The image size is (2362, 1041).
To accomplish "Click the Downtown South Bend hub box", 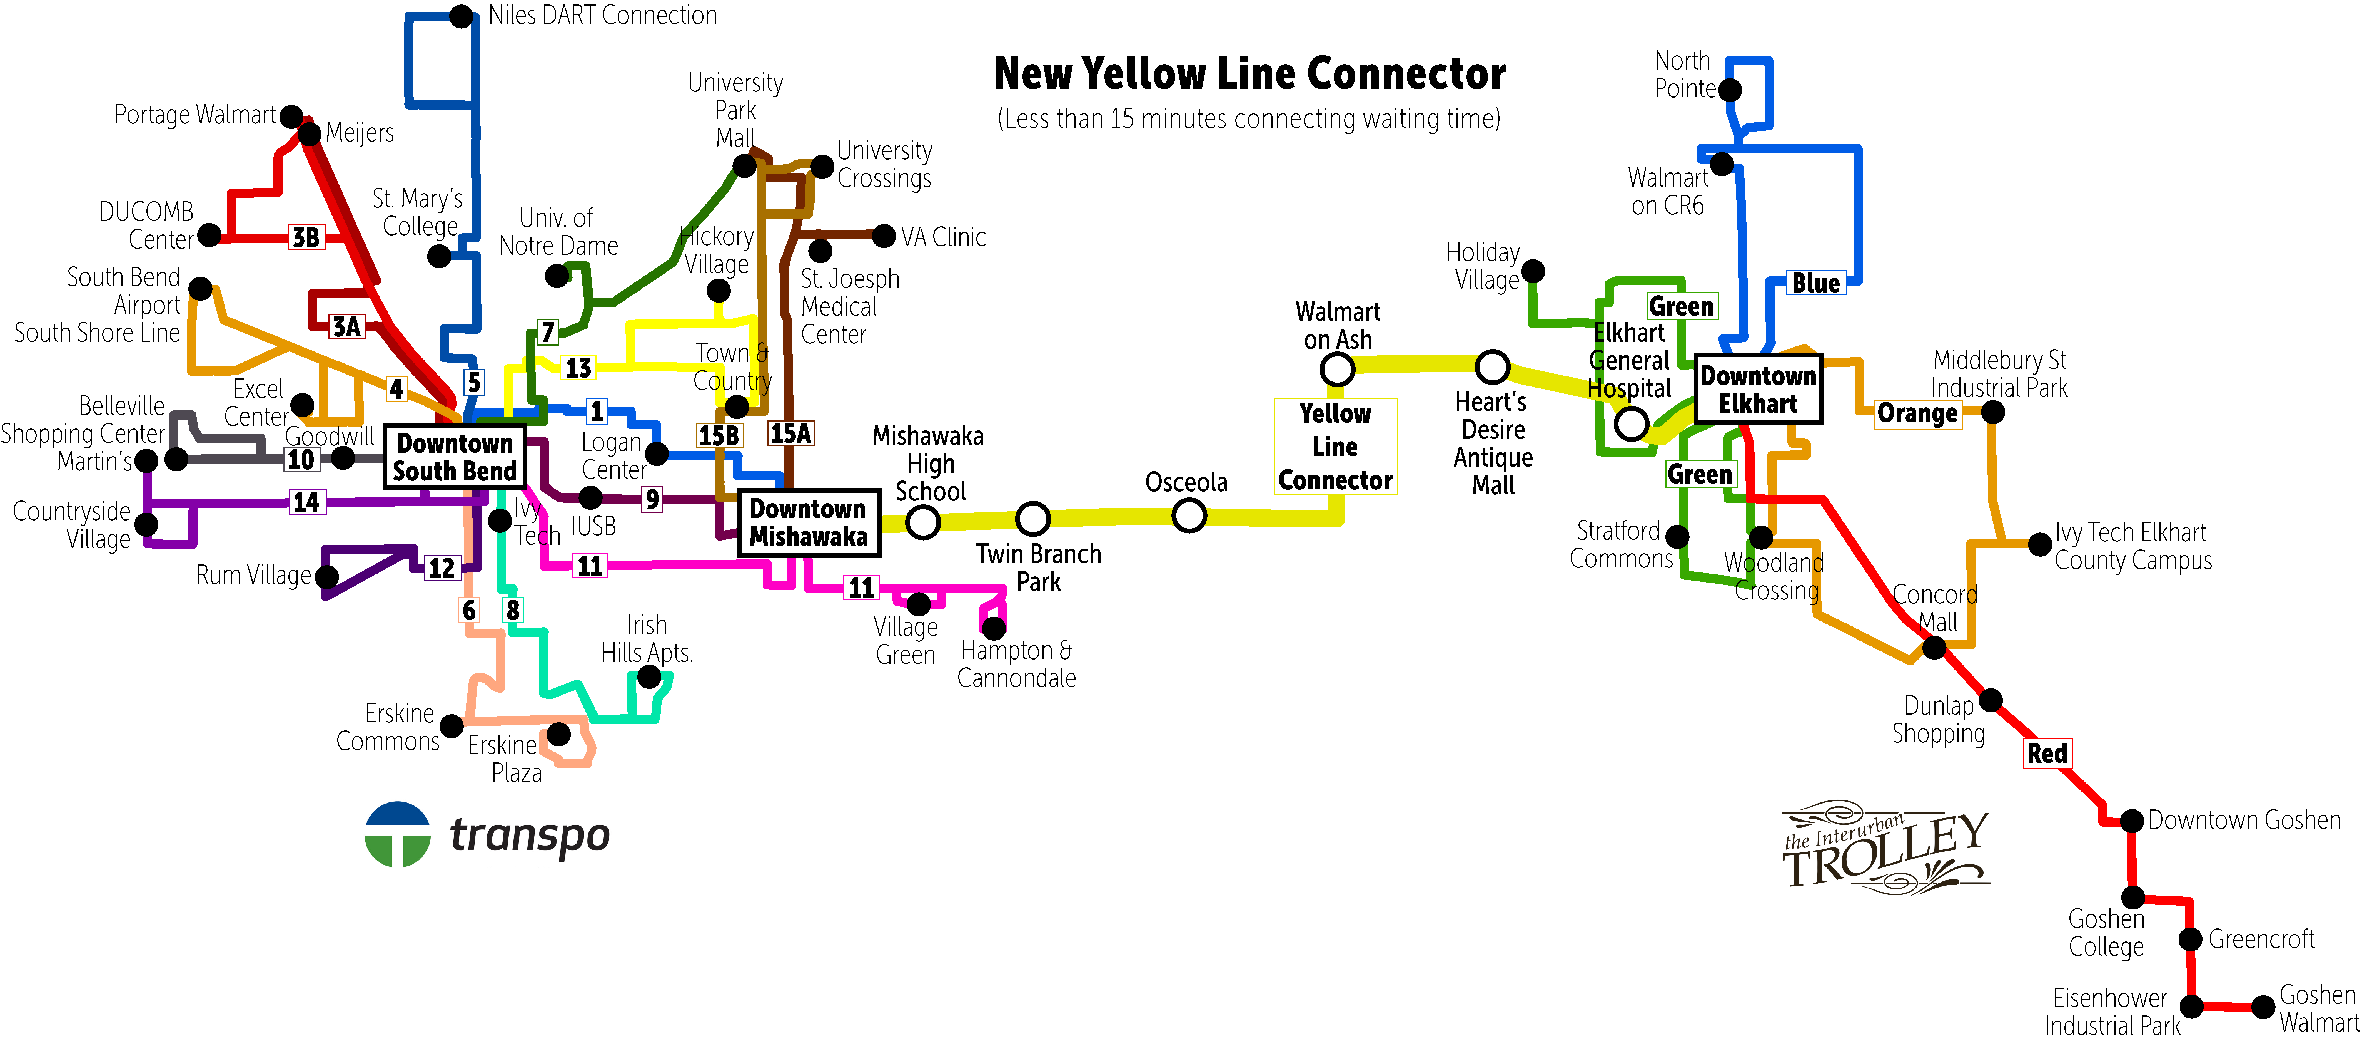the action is (455, 457).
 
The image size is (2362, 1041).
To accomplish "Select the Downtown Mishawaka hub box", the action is (809, 523).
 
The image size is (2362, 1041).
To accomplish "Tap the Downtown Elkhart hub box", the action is (1758, 389).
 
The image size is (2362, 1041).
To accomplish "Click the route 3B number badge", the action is (306, 237).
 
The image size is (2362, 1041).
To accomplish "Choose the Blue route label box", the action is (1815, 283).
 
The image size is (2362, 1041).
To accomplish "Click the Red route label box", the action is (2047, 753).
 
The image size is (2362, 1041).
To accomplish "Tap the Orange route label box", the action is (1917, 414).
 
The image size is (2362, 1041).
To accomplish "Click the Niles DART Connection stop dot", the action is (461, 16).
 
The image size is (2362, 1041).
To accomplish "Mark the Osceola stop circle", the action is (1188, 515).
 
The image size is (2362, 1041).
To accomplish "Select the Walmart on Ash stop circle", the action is (1337, 370).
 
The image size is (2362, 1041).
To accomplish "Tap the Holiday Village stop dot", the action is (1532, 271).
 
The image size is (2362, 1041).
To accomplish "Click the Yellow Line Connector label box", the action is (1335, 447).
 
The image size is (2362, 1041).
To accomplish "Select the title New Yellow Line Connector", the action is (1250, 73).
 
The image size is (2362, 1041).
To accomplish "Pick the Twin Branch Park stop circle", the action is (1032, 518).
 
